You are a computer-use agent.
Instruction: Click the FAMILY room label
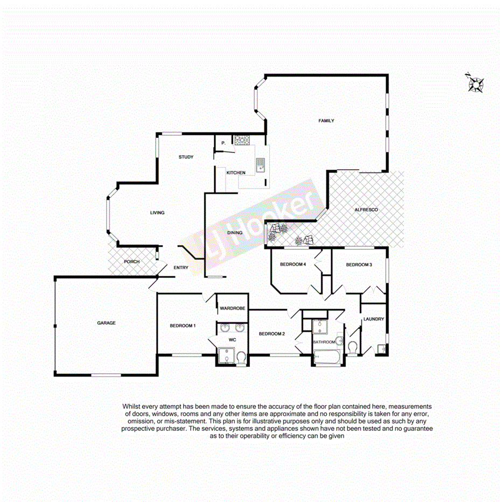(x=326, y=121)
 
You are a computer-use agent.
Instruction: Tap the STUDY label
(x=186, y=157)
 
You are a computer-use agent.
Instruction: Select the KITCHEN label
(x=236, y=172)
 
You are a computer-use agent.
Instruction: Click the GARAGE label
(x=106, y=323)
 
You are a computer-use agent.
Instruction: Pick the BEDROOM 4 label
(x=293, y=264)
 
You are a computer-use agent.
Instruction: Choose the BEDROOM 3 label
(x=359, y=264)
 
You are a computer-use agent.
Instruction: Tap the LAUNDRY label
(x=374, y=319)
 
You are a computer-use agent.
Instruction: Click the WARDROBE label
(x=233, y=308)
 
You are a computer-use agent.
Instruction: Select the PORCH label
(x=131, y=262)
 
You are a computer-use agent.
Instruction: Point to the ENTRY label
(x=180, y=268)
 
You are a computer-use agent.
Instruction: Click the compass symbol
(x=476, y=83)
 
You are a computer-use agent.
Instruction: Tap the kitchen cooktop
(x=241, y=140)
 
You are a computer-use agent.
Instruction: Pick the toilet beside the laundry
(x=353, y=348)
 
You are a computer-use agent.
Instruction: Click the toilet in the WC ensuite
(x=241, y=357)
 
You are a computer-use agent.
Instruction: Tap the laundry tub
(x=382, y=349)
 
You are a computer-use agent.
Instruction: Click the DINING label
(x=235, y=233)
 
